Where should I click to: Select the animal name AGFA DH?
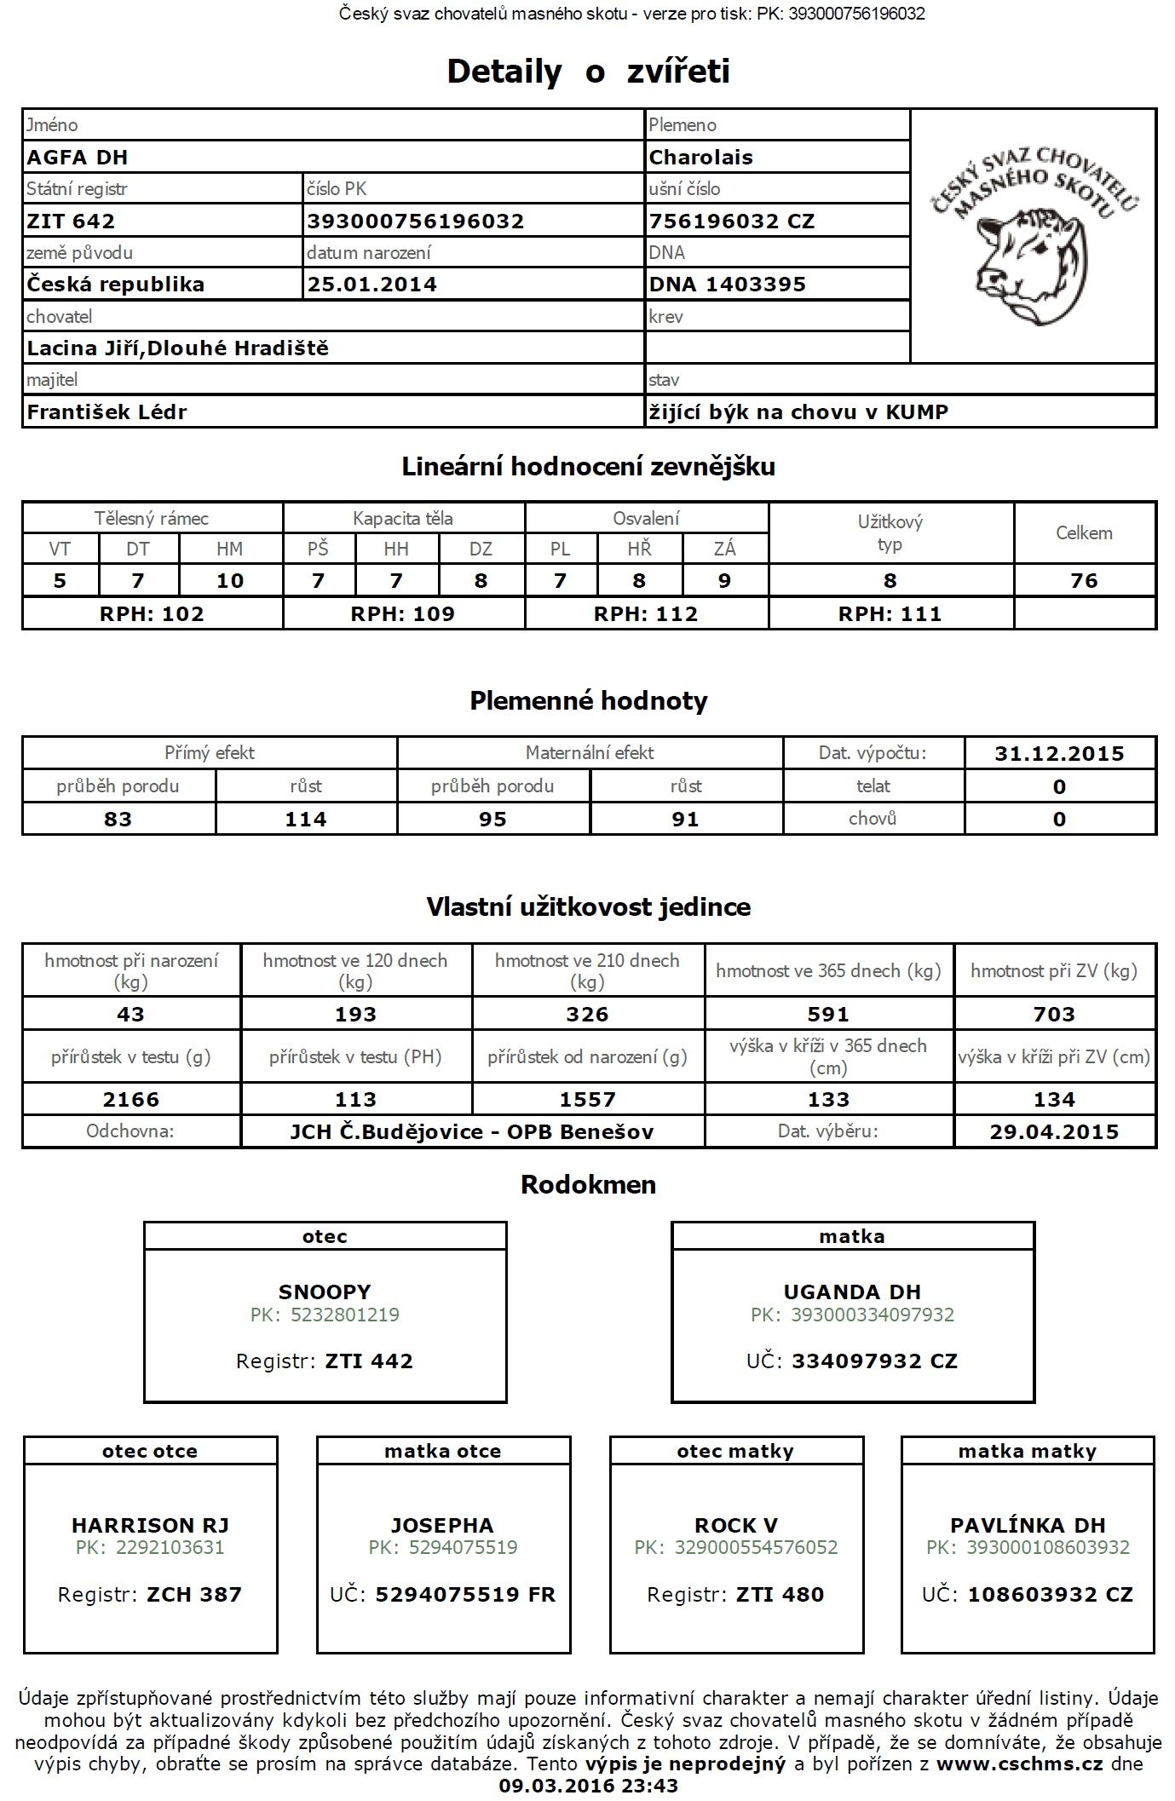point(78,158)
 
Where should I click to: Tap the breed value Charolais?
point(700,158)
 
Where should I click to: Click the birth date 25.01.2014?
point(372,285)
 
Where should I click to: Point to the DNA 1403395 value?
point(727,285)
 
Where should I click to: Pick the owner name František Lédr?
point(107,412)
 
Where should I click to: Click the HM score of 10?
point(230,581)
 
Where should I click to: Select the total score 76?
point(1084,581)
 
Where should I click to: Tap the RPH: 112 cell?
point(646,614)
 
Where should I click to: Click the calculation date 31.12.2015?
point(1059,754)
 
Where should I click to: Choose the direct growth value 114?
point(306,820)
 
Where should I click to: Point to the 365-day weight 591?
point(828,1015)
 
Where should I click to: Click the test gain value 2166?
point(131,1100)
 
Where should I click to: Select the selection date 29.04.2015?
point(1054,1132)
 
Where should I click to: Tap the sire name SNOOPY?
point(325,1292)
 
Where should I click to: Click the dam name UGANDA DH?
point(852,1292)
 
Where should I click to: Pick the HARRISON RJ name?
point(150,1526)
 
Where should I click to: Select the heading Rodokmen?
point(588,1185)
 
